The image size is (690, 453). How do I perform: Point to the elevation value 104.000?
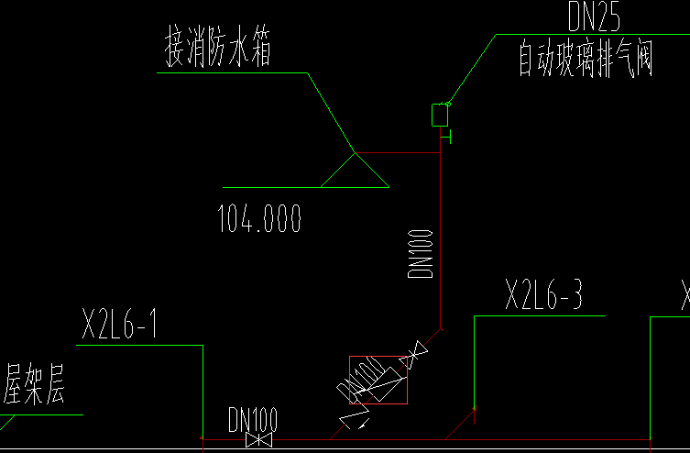click(259, 219)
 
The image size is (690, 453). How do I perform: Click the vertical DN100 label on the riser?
click(420, 254)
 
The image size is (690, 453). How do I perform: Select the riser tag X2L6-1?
click(120, 326)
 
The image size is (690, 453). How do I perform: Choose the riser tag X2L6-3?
click(543, 296)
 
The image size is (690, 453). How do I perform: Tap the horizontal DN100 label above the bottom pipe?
click(252, 420)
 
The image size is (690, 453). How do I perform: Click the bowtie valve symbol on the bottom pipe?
click(259, 440)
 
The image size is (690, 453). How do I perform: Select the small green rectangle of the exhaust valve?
click(440, 116)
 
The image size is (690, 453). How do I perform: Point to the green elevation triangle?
click(355, 171)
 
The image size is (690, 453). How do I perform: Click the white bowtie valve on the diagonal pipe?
click(416, 353)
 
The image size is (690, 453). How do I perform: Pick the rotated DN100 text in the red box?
click(362, 377)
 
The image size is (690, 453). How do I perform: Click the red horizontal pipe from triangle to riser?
click(398, 152)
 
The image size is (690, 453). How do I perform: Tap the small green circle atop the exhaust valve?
click(448, 104)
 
